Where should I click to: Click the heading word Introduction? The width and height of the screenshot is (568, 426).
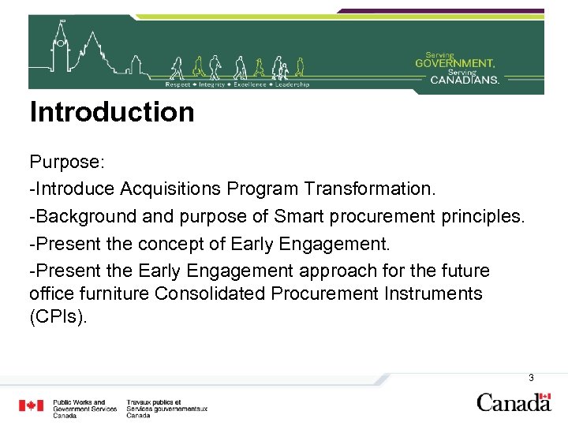(111, 112)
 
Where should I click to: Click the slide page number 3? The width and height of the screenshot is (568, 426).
(531, 378)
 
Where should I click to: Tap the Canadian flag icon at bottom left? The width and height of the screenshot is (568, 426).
(32, 406)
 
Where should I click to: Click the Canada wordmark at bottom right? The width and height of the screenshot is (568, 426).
(514, 402)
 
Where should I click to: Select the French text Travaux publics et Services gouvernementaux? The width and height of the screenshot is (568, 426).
(166, 408)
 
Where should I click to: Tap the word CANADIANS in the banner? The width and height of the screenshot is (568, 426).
(465, 79)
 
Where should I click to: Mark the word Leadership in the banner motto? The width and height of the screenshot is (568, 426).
(293, 84)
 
